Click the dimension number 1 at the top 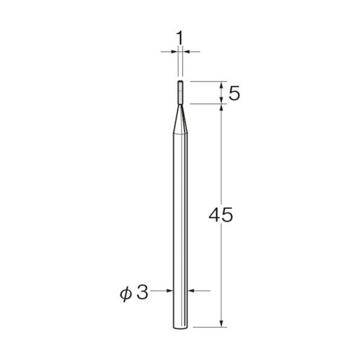pos(180,38)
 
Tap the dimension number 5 pos(234,93)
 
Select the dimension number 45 pos(221,215)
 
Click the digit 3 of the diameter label pos(142,293)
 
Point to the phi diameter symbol pos(126,294)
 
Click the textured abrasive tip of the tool pos(181,93)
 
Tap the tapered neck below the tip pos(181,119)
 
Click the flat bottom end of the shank pos(180,329)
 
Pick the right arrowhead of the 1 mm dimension pos(187,52)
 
